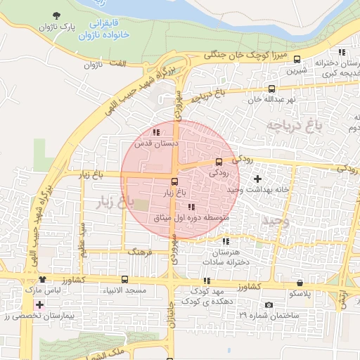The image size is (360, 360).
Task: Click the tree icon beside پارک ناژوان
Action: coord(56,15)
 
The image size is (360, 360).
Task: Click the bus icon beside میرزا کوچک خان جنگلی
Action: coord(297,60)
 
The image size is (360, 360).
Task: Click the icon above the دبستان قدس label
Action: coord(155,131)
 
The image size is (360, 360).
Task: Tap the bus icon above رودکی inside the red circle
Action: coord(218,161)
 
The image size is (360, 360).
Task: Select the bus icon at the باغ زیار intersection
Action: coord(175,181)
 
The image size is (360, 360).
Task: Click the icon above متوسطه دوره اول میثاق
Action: coord(191,207)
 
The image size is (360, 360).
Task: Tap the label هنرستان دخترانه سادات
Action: coord(226,257)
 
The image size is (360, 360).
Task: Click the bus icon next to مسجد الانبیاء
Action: coord(124,280)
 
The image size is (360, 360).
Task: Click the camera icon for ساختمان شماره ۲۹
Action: coord(269,304)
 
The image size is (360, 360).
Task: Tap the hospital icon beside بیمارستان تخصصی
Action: coord(39,305)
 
